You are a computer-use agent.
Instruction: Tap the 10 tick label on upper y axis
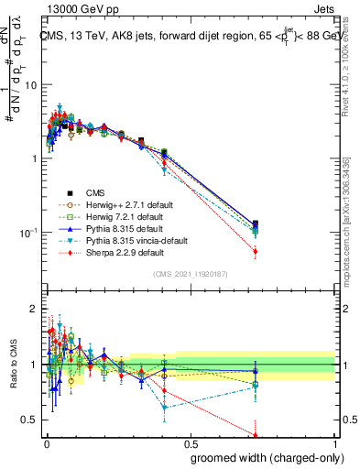click(x=29, y=84)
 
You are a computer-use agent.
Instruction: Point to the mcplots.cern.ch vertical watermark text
click(x=345, y=220)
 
